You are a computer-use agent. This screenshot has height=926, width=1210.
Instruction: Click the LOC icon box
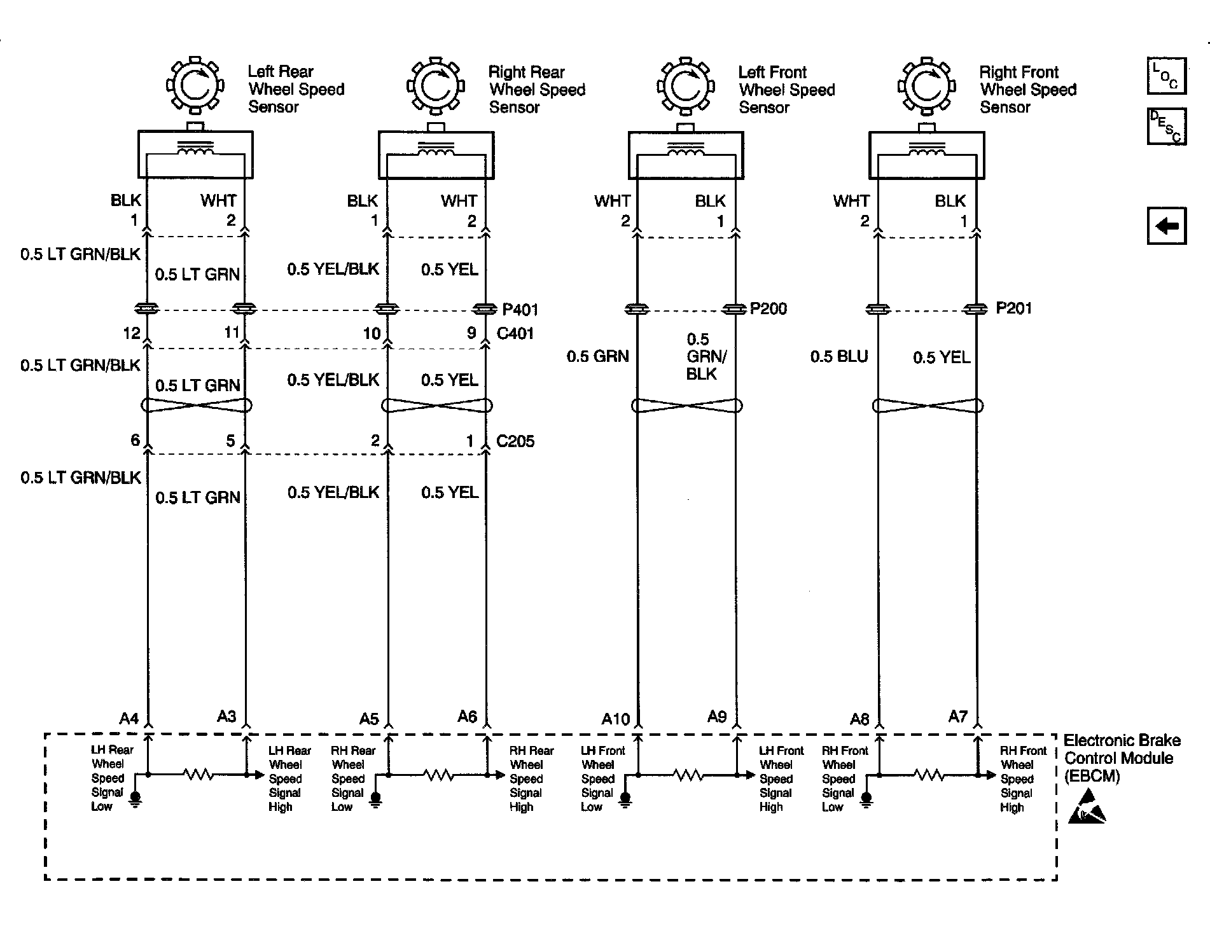(1166, 76)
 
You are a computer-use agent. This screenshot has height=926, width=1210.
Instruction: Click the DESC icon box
(1166, 126)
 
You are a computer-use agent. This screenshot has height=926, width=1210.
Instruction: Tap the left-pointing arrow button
(1166, 226)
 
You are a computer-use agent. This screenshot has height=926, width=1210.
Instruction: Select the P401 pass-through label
(520, 310)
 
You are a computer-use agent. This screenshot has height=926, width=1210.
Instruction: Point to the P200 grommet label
(768, 309)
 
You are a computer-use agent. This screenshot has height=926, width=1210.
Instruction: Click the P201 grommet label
(1013, 308)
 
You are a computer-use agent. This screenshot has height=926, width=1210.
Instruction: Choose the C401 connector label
(515, 333)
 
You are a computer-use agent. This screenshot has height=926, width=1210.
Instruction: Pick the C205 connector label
(515, 441)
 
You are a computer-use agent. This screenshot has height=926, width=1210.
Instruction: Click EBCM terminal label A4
(129, 719)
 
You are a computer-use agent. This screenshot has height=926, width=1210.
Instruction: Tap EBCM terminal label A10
(615, 719)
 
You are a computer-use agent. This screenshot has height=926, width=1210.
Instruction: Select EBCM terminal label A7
(957, 717)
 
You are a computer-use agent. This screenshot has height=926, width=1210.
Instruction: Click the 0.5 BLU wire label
(838, 357)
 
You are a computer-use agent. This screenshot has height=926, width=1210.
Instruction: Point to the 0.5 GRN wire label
(597, 357)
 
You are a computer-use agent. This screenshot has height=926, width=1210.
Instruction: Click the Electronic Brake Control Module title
(1122, 758)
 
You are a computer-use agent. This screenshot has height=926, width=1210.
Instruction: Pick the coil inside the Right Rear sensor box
(436, 149)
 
